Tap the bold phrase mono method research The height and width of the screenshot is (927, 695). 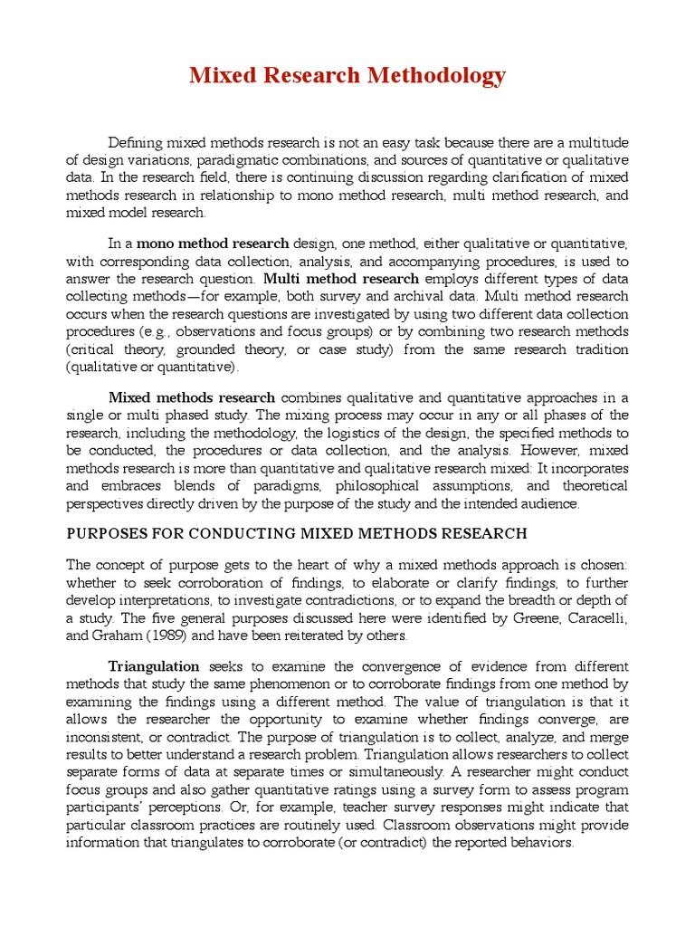pos(213,244)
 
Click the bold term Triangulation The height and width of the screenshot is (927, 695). pos(154,666)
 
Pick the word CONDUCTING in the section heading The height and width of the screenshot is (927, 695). pos(242,534)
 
